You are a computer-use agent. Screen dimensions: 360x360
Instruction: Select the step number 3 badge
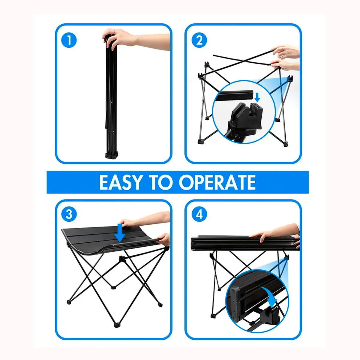tap(69, 214)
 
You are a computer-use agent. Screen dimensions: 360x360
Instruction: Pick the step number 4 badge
tap(199, 214)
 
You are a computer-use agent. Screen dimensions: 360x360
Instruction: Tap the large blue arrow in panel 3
tap(120, 232)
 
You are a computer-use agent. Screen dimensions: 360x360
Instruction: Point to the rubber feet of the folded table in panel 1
tap(111, 155)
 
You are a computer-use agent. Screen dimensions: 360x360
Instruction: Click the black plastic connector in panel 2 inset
tap(243, 117)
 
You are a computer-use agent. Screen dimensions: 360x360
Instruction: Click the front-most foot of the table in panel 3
tap(117, 325)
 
